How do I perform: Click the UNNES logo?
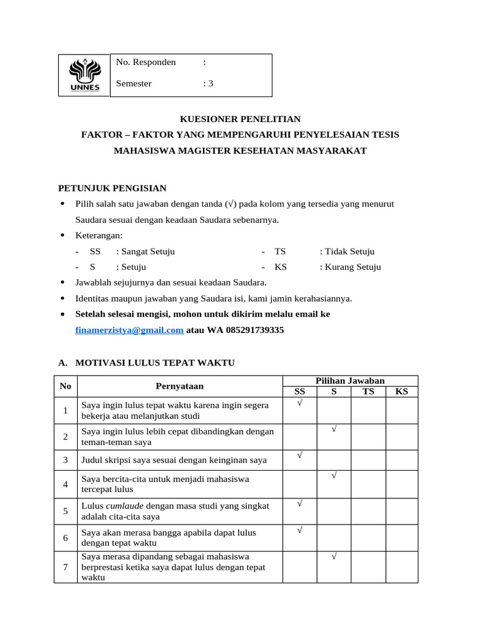(x=84, y=76)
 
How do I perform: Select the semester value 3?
(x=210, y=83)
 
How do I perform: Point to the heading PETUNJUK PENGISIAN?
(x=112, y=188)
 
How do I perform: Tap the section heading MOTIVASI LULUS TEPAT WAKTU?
(x=155, y=362)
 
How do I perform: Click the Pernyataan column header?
(x=180, y=386)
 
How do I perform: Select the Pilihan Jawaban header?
(x=350, y=381)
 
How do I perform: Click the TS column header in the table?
(x=368, y=392)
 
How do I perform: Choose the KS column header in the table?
(x=401, y=392)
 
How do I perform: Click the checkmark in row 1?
(x=300, y=403)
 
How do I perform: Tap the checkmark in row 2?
(x=334, y=429)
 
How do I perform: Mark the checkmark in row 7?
(x=334, y=556)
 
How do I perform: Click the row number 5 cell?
(x=66, y=511)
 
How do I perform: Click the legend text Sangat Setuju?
(x=145, y=252)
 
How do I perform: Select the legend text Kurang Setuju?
(x=349, y=267)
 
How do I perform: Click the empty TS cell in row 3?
(x=368, y=460)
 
